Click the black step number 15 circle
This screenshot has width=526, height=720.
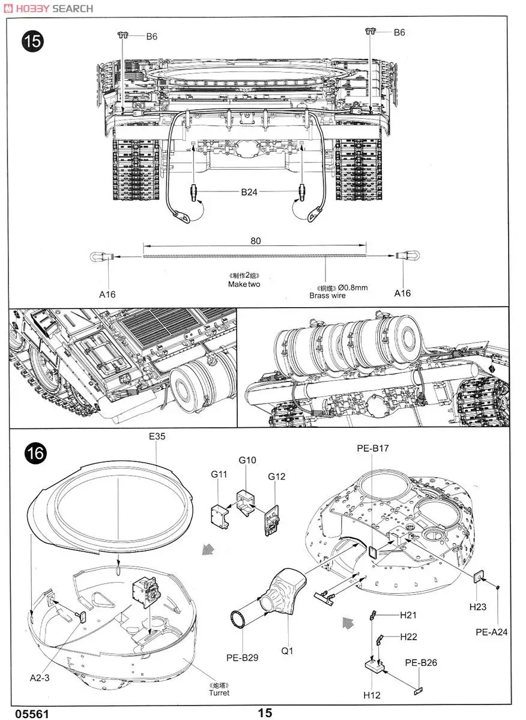pyautogui.click(x=33, y=41)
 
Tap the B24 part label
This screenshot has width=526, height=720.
pyautogui.click(x=249, y=192)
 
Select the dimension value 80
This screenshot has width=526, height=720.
pyautogui.click(x=256, y=241)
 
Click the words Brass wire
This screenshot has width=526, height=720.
pyautogui.click(x=327, y=296)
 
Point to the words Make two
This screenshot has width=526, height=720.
pyautogui.click(x=244, y=284)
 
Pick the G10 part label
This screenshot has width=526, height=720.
pyautogui.click(x=247, y=460)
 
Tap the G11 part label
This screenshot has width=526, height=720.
pyautogui.click(x=219, y=474)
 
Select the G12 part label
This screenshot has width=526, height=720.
pyautogui.click(x=277, y=476)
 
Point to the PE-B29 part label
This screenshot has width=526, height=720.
pyautogui.click(x=243, y=658)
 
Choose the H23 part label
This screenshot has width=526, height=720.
pyautogui.click(x=478, y=607)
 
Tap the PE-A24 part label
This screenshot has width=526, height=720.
pyautogui.click(x=492, y=632)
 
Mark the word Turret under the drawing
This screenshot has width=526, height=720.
pyautogui.click(x=219, y=693)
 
